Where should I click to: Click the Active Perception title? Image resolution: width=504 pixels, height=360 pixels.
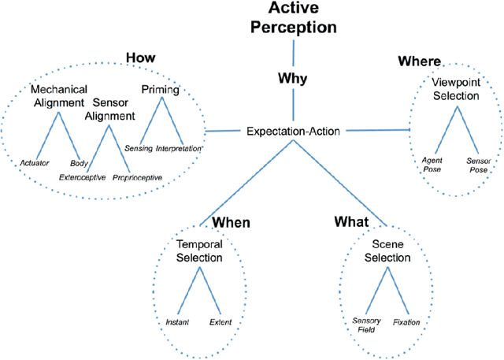pos(293,17)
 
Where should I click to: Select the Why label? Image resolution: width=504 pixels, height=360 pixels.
pos(292,79)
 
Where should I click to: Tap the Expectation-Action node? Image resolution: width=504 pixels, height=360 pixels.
pos(294,130)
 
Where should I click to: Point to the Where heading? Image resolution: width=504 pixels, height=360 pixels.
pos(420,61)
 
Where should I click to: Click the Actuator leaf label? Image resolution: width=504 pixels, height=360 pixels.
pos(35,163)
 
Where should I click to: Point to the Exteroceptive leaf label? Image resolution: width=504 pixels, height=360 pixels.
pos(83,177)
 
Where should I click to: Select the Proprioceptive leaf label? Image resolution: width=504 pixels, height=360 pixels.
pos(137,177)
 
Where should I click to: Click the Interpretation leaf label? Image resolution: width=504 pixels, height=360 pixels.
pos(179,148)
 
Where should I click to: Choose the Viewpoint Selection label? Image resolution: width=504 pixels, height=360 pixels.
pos(455,89)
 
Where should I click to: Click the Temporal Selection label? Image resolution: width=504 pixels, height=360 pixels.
pos(199,251)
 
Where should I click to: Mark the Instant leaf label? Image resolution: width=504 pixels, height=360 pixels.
pos(178,321)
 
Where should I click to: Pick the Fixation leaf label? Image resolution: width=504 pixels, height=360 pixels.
pos(406,321)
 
